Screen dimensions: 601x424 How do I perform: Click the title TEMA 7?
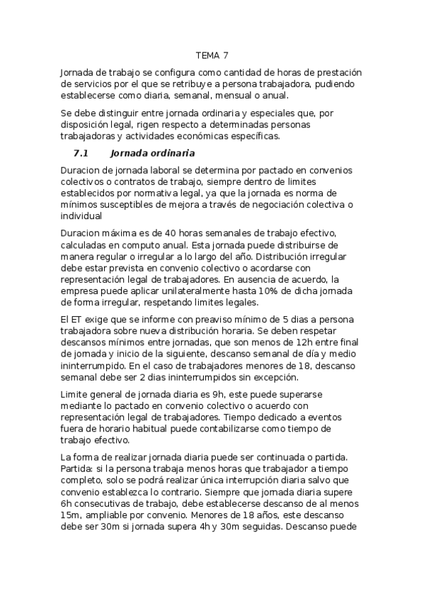(212, 55)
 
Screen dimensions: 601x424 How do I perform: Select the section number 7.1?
(80, 153)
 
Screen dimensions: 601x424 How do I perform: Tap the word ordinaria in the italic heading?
(171, 153)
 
